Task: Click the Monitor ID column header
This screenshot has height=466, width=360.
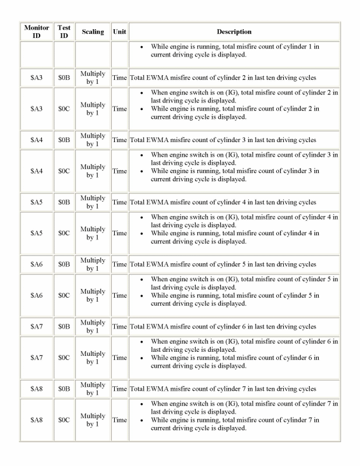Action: pyautogui.click(x=37, y=31)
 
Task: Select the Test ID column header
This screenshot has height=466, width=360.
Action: pyautogui.click(x=64, y=31)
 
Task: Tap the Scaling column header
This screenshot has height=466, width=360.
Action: pyautogui.click(x=93, y=31)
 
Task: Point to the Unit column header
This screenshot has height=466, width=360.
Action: pyautogui.click(x=119, y=31)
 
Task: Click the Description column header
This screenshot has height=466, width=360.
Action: pyautogui.click(x=234, y=31)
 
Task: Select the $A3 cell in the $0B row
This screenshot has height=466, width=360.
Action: pyautogui.click(x=37, y=77)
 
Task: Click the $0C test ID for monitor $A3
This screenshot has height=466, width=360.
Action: pyautogui.click(x=64, y=109)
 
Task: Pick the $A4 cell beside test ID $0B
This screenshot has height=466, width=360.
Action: pyautogui.click(x=37, y=140)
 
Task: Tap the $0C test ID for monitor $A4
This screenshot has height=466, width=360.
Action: pyautogui.click(x=64, y=171)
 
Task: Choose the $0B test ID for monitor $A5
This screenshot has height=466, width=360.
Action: pyautogui.click(x=64, y=202)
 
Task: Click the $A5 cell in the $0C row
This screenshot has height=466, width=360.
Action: pyautogui.click(x=37, y=233)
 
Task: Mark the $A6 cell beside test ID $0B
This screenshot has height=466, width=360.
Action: pyautogui.click(x=37, y=264)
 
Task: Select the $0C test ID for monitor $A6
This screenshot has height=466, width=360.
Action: pyautogui.click(x=64, y=295)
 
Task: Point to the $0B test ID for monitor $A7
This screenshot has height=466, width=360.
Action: pyautogui.click(x=64, y=327)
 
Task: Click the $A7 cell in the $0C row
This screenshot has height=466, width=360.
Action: pyautogui.click(x=37, y=358)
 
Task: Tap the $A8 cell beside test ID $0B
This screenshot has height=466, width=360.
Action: pyautogui.click(x=37, y=389)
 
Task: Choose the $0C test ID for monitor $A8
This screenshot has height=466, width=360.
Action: pyautogui.click(x=64, y=420)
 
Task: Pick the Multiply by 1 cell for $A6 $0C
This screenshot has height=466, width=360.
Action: pyautogui.click(x=93, y=295)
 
